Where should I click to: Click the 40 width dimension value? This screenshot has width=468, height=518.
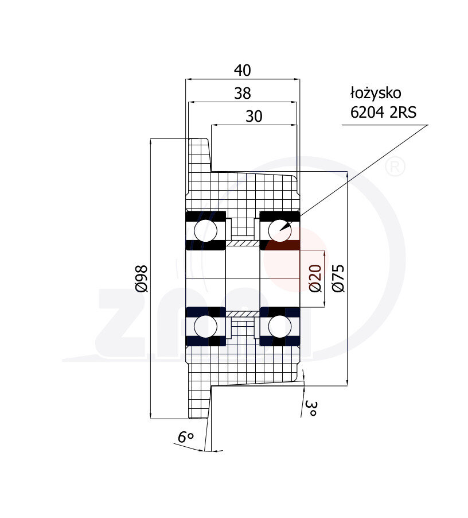(243, 71)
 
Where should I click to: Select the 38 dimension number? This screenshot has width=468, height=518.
(243, 94)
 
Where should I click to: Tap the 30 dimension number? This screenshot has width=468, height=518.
(254, 116)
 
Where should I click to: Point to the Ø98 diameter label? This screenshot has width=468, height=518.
(142, 279)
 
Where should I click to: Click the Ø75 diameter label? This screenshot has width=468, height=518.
(339, 279)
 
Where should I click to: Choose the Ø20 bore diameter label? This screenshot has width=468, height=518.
(315, 279)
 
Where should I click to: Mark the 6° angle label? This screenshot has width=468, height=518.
(186, 437)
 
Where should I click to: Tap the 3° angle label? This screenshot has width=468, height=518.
(311, 408)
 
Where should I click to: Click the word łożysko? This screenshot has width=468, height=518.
(376, 93)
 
